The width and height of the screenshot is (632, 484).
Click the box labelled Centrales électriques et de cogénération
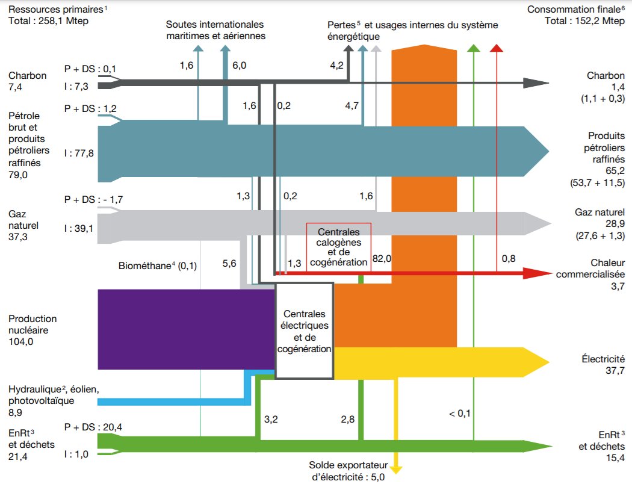tap(305, 330)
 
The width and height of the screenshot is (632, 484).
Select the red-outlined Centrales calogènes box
tap(338, 247)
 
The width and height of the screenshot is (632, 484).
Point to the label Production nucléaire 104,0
tap(33, 330)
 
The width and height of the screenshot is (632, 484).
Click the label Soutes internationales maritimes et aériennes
tap(215, 30)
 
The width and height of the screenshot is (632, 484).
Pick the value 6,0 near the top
tap(239, 64)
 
